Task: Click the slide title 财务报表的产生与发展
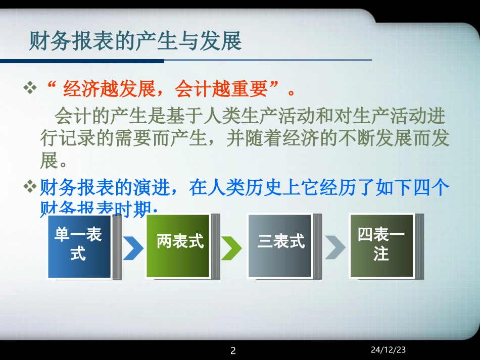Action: (135, 41)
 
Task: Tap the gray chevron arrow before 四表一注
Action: (334, 247)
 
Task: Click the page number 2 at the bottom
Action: (233, 350)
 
